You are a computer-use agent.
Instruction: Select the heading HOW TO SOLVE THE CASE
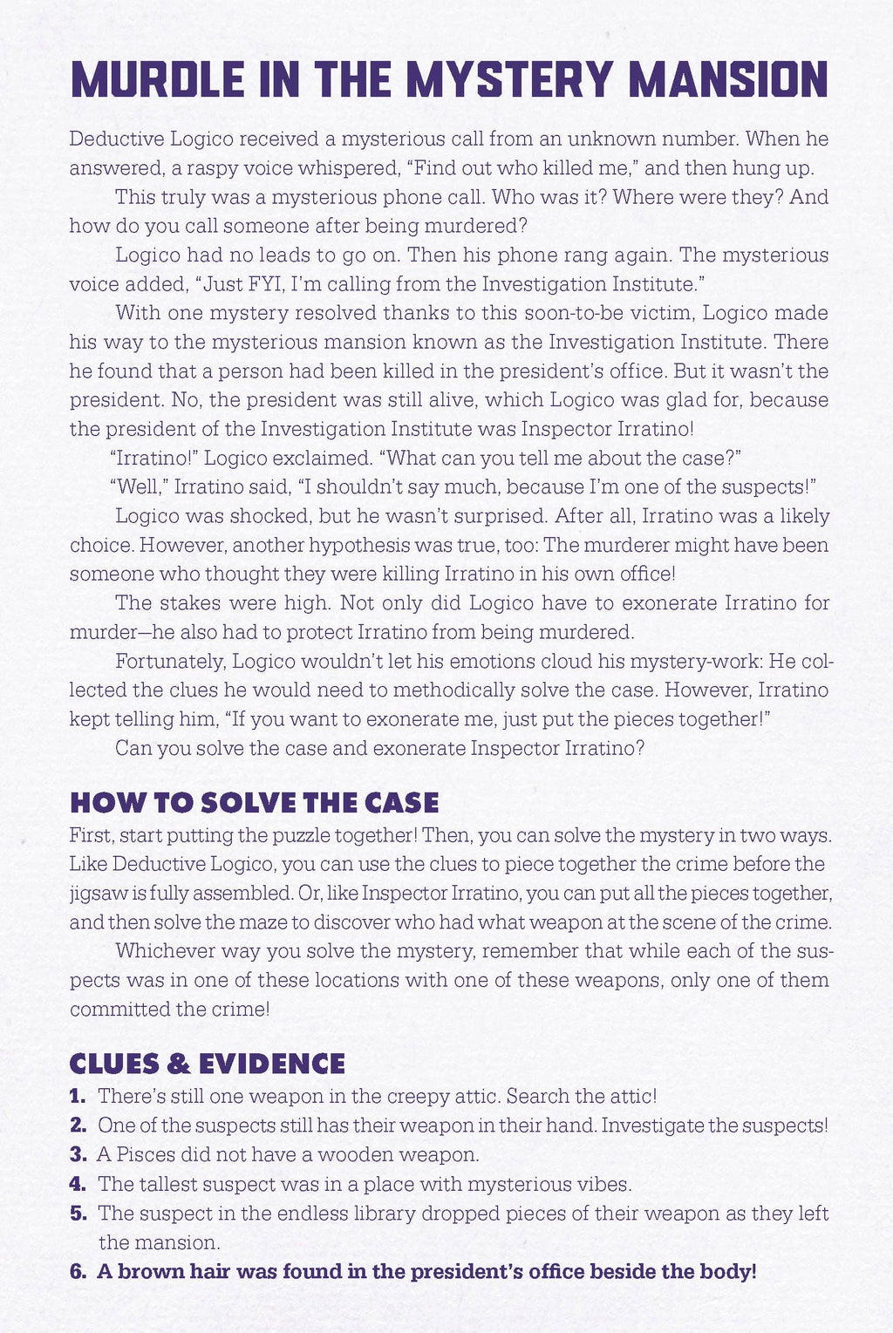tap(254, 802)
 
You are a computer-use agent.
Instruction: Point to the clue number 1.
tap(77, 1096)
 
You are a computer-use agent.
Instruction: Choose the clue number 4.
tap(77, 1184)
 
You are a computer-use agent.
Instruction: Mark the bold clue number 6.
tap(78, 1272)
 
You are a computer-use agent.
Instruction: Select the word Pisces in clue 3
tap(148, 1155)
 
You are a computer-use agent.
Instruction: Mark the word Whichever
tap(166, 951)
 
